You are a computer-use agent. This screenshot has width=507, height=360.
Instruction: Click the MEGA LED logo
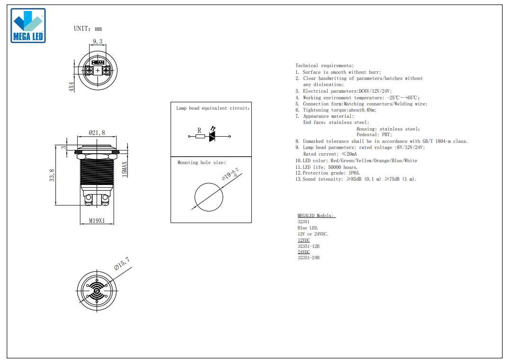[x=28, y=26]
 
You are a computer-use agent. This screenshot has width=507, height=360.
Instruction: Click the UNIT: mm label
[x=88, y=29]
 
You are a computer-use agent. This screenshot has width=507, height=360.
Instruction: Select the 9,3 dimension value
[x=98, y=41]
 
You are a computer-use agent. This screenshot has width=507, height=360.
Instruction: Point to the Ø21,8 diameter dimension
[x=97, y=132]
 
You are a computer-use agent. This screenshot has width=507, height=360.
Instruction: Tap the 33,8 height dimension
[x=52, y=175]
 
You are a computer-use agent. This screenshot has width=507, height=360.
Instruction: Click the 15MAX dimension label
[x=125, y=169]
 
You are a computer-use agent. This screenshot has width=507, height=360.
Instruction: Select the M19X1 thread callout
[x=97, y=221]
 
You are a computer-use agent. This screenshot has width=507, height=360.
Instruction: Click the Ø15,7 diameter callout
[x=122, y=263]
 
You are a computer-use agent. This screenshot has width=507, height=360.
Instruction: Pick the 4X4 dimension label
[x=71, y=87]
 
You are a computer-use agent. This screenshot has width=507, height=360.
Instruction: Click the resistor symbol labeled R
[x=200, y=136]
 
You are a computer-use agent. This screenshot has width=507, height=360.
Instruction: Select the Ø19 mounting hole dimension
[x=231, y=174]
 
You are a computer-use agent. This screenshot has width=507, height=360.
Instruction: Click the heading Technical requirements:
[x=325, y=66]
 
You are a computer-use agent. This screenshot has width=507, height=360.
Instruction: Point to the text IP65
[x=355, y=173]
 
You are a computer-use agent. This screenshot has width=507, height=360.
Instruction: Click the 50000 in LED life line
[x=335, y=167]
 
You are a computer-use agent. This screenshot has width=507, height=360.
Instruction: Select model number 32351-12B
[x=309, y=246]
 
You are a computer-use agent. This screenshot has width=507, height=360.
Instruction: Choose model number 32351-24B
[x=309, y=257]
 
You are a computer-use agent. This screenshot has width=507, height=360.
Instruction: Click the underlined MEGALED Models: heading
[x=317, y=216]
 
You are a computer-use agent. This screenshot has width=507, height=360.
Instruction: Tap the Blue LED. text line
[x=308, y=228]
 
